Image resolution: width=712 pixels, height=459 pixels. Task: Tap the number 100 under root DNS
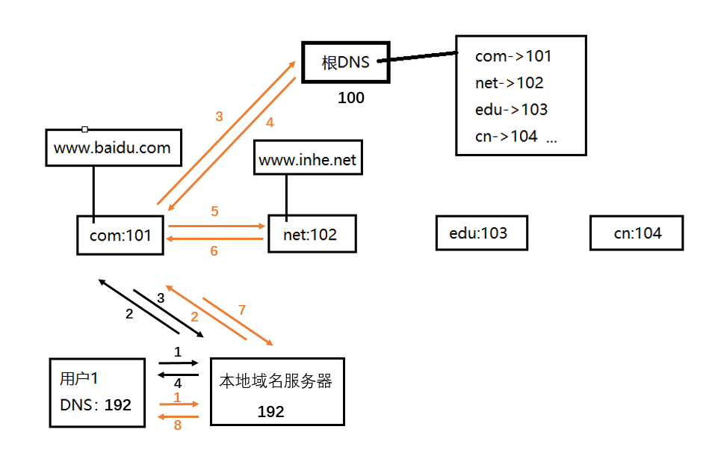point(351,98)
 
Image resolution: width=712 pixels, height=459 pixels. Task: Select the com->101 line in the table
point(513,56)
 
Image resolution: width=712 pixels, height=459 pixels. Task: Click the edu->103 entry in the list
point(511,110)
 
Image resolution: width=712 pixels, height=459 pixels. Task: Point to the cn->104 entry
point(506,137)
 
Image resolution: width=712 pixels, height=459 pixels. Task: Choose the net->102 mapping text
point(509,83)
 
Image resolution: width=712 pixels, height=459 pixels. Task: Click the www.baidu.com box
point(112,147)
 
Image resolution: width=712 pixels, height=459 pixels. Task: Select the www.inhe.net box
point(308,159)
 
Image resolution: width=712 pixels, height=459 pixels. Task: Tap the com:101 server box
point(120,235)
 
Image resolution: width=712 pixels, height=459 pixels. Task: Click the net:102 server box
point(311,235)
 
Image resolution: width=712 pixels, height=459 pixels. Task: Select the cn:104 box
point(637,233)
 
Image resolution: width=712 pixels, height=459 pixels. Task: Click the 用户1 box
point(97,392)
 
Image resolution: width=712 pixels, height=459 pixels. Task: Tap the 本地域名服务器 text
point(275,381)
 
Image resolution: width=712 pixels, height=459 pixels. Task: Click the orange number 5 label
point(214,212)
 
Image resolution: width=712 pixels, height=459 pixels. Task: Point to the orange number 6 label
point(214,251)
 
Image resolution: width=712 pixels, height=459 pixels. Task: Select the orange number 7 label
point(241,309)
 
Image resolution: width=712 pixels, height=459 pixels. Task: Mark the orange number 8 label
point(178,426)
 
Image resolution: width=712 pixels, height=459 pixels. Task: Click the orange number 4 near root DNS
point(271,122)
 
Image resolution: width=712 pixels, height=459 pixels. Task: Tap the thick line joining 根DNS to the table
point(420,58)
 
